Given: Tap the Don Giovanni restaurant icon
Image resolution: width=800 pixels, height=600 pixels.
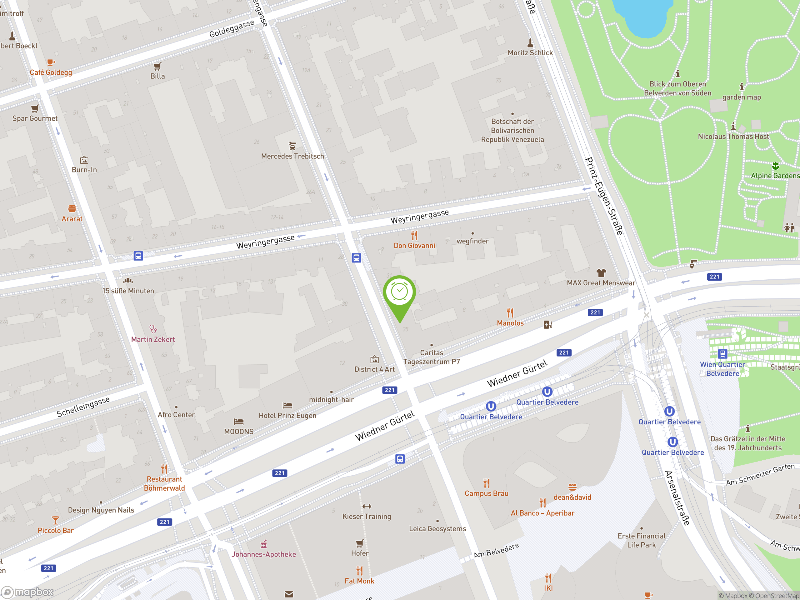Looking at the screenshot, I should [414, 235].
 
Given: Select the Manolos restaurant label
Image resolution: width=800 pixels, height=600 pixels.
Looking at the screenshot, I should [510, 323].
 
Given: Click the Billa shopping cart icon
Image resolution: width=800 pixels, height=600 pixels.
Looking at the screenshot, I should [157, 66].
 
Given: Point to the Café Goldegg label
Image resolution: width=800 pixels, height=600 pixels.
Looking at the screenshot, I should [51, 72].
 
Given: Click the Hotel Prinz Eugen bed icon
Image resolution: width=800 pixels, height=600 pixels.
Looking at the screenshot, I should [287, 405].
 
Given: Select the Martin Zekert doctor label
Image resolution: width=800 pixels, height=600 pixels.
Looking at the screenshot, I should [153, 339].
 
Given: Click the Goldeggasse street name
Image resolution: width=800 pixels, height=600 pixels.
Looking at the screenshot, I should [232, 28].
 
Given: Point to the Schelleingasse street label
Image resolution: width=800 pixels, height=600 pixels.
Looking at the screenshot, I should [83, 407].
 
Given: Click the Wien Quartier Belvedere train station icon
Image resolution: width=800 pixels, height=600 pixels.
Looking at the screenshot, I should [722, 354].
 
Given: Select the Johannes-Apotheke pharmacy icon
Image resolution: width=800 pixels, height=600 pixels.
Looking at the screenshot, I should [264, 544].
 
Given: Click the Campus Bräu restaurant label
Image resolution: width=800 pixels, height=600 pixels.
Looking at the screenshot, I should [487, 493].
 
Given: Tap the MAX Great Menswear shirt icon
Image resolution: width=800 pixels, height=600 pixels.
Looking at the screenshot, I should [601, 272].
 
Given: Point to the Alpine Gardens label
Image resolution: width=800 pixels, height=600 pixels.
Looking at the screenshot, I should [775, 176].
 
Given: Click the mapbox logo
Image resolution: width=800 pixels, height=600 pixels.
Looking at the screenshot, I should [27, 592].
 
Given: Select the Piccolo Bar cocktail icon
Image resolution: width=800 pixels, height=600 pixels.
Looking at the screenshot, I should [55, 520].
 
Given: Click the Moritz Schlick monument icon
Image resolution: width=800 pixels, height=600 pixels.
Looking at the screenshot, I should [530, 43].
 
